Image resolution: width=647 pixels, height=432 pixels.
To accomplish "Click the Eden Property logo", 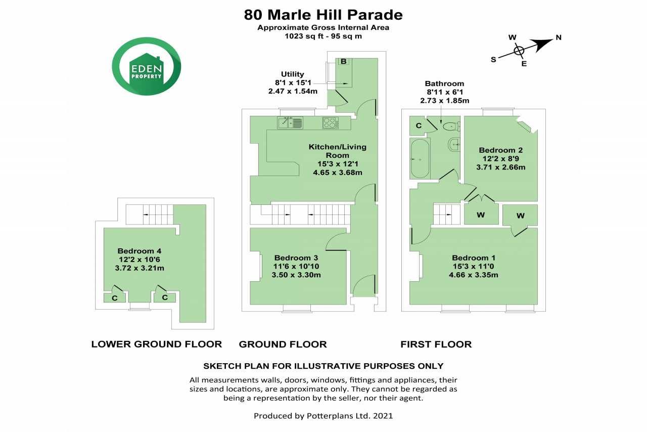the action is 147,66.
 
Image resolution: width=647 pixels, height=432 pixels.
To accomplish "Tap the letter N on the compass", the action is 559,37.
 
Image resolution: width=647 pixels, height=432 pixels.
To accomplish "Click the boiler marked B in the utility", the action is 343,61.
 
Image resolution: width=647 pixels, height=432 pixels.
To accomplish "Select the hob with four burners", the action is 331,122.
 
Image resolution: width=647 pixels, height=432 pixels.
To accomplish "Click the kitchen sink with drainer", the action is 290,122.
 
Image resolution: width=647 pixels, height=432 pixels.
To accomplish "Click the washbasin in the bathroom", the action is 454,144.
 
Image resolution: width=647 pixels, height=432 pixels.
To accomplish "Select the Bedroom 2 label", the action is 500,150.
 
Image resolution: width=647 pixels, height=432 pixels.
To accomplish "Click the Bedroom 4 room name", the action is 139,251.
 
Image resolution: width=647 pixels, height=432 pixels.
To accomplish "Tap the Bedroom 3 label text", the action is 296,257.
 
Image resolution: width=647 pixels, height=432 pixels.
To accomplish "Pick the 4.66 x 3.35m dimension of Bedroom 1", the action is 474,275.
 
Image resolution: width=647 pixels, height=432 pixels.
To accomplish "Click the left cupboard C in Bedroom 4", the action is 115,298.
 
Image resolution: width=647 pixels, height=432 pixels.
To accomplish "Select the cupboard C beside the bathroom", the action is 419,125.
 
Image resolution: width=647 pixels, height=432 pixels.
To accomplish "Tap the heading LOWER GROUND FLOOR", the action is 157,344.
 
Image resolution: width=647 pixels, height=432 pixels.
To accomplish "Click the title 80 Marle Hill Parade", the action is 323,15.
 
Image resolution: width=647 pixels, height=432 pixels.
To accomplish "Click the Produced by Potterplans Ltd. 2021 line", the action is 323,416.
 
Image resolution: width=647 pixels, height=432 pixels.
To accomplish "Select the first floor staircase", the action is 446,214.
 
